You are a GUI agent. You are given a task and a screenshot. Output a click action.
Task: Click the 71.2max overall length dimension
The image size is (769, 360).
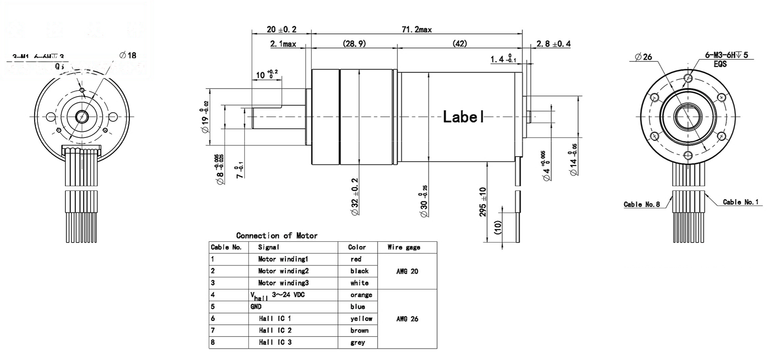tap(416, 30)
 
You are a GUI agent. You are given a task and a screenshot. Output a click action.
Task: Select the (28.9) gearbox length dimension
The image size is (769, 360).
tap(354, 44)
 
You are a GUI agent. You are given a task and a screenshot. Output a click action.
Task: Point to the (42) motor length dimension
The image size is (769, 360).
tap(460, 44)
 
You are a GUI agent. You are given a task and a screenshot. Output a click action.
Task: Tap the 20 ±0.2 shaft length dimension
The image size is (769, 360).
tap(281, 29)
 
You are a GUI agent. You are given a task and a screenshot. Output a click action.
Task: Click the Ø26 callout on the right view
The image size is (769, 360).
tap(644, 57)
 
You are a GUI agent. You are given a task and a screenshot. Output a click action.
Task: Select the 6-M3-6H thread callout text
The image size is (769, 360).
tap(726, 55)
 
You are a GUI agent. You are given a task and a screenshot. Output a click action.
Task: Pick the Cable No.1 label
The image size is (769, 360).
tap(740, 202)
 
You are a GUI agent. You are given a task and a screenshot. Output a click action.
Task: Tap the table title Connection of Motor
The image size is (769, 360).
tap(277, 236)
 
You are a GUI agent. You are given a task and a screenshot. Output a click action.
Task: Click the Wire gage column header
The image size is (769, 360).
tap(404, 247)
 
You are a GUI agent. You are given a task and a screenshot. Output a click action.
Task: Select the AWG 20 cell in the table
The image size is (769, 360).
tap(407, 271)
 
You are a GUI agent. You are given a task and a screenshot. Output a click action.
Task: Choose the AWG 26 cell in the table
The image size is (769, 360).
tap(407, 319)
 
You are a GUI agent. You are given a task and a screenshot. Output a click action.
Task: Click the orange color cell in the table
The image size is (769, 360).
tap(361, 295)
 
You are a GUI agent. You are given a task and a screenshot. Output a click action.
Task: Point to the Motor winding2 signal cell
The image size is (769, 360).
tap(283, 271)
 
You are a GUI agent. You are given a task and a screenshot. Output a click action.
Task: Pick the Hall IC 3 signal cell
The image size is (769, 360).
tap(275, 342)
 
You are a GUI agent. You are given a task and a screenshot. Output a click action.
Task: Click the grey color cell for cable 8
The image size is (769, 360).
tap(357, 342)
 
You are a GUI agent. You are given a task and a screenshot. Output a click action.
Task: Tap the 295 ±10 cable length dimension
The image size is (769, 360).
tap(483, 202)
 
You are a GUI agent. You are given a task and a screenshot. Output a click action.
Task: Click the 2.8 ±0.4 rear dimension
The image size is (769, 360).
tap(553, 44)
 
